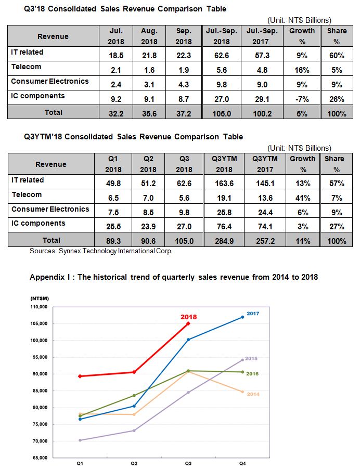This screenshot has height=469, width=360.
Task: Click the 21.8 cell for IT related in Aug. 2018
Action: pyautogui.click(x=149, y=56)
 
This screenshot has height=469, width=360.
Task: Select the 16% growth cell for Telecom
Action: pyautogui.click(x=302, y=70)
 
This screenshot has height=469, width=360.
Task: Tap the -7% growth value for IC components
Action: pyautogui.click(x=302, y=99)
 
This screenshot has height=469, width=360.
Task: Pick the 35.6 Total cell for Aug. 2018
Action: pyautogui.click(x=149, y=114)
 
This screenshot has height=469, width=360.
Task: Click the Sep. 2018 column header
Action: pyautogui.click(x=184, y=36)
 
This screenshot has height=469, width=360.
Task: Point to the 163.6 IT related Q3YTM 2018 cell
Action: pyautogui.click(x=224, y=184)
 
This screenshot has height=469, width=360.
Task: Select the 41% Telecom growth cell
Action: pyautogui.click(x=303, y=198)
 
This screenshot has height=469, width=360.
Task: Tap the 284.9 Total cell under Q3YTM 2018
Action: pyautogui.click(x=224, y=241)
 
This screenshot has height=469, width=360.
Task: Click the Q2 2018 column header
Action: pyautogui.click(x=148, y=164)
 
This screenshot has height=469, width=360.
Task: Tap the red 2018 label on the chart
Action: pyautogui.click(x=188, y=317)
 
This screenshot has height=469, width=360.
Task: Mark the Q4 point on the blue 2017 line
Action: pyautogui.click(x=242, y=317)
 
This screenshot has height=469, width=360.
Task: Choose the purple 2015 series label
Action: pyautogui.click(x=251, y=358)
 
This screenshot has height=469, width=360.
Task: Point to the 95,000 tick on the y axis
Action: pyautogui.click(x=39, y=357)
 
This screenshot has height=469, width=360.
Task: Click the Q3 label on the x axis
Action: pyautogui.click(x=188, y=463)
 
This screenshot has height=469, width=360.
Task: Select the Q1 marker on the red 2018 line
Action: pyautogui.click(x=80, y=376)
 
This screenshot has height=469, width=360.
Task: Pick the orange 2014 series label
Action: pyautogui.click(x=253, y=394)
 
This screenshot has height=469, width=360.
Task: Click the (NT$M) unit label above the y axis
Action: pyautogui.click(x=40, y=298)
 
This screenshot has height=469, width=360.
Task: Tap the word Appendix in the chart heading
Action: pyautogui.click(x=48, y=277)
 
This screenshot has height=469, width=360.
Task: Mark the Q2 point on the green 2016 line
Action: pyautogui.click(x=134, y=395)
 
